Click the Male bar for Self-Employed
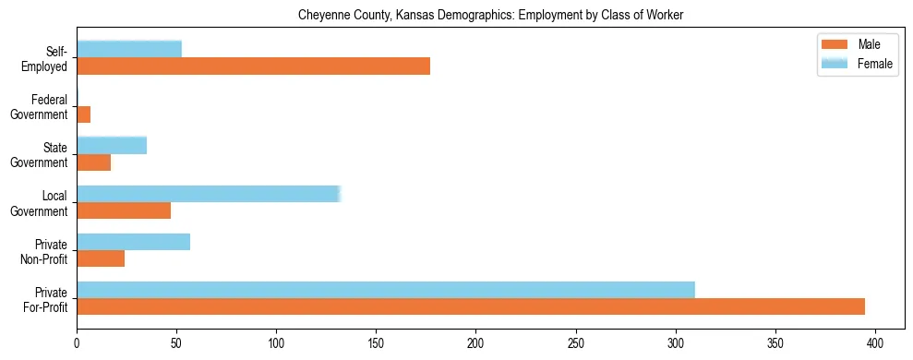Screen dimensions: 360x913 [x=253, y=66]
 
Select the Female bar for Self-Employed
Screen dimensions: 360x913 [x=129, y=49]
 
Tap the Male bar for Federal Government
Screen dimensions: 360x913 [x=83, y=114]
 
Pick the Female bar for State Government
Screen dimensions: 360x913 [x=112, y=145]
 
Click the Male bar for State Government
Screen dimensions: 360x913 [x=93, y=162]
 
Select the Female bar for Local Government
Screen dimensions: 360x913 [x=209, y=194]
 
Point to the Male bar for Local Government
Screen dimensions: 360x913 [x=124, y=210]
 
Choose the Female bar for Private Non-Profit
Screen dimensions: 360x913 [x=133, y=242]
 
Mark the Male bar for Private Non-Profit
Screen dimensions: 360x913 [x=101, y=258]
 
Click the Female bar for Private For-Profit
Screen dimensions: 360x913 [x=385, y=290]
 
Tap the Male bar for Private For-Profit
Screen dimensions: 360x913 [x=471, y=306]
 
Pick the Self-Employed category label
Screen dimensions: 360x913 [x=50, y=59]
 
